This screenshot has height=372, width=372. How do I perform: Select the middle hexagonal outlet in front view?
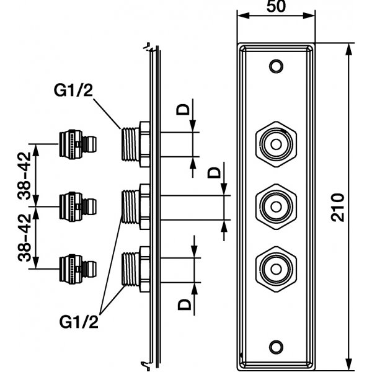[274, 203]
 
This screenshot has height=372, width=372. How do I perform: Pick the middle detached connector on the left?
[75, 203]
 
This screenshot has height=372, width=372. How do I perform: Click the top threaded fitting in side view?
[134, 143]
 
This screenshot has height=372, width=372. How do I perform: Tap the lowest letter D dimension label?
[182, 304]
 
